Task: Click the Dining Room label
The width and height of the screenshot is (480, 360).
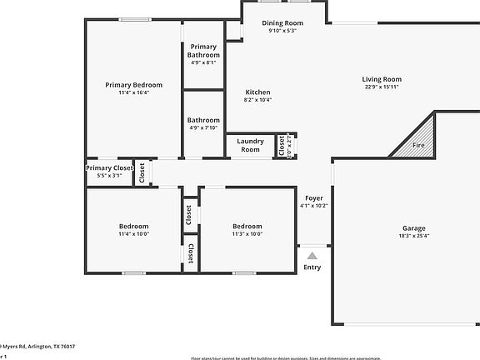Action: tap(282, 23)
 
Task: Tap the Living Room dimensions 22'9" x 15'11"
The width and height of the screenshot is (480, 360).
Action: tap(382, 87)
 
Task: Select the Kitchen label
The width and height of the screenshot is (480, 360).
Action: tap(257, 92)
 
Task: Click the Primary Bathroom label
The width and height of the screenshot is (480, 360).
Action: tap(203, 51)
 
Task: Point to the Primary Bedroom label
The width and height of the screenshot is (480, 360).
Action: tap(133, 85)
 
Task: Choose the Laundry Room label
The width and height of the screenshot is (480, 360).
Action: tap(250, 145)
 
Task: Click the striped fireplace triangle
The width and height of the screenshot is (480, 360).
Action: tap(424, 133)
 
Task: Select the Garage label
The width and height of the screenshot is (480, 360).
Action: tap(414, 228)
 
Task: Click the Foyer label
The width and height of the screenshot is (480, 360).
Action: tap(314, 197)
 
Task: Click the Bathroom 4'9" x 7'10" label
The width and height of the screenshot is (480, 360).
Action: tap(203, 121)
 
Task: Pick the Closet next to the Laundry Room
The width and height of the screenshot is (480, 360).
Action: tap(282, 146)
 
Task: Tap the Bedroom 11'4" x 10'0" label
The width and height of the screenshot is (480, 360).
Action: tap(133, 227)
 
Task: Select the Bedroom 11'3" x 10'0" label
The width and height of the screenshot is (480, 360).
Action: tap(247, 227)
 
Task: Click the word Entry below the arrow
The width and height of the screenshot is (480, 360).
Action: tap(312, 267)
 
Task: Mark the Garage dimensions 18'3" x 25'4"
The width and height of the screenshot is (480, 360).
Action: tap(414, 237)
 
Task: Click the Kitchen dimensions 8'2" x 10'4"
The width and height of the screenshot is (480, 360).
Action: tap(257, 100)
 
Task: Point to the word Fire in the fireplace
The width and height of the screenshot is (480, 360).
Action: tap(418, 147)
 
